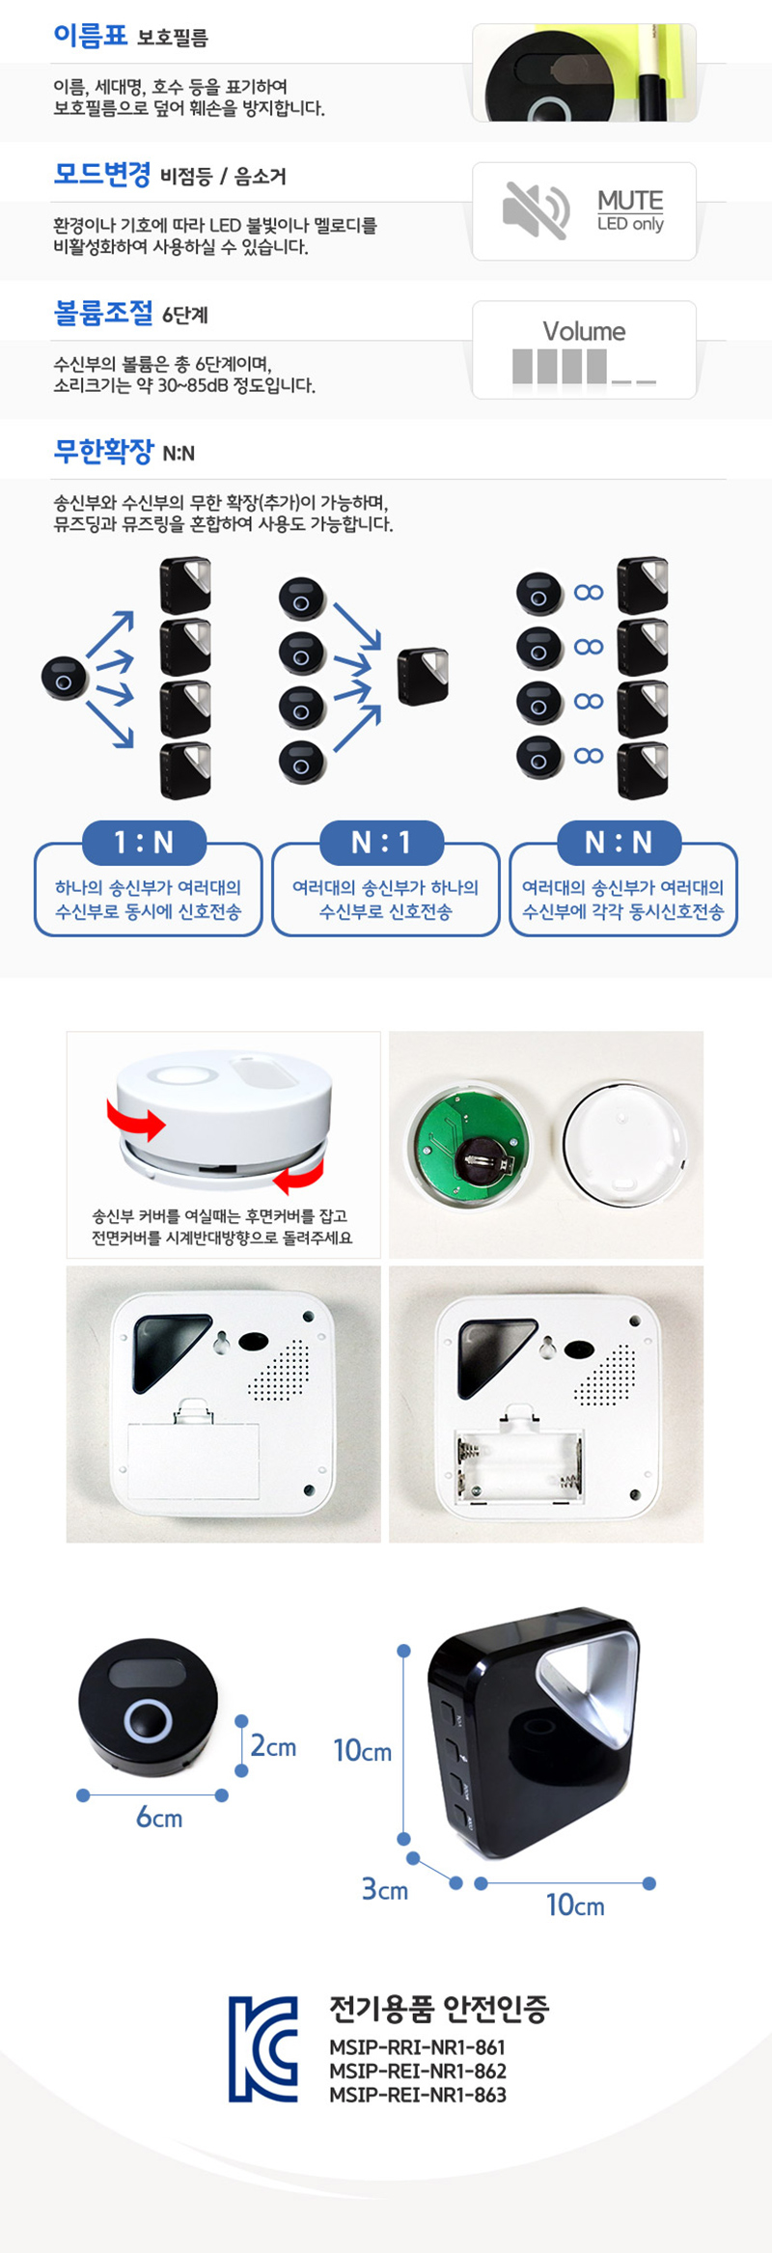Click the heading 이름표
pyautogui.click(x=90, y=36)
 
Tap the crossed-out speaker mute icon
pyautogui.click(x=536, y=210)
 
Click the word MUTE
pyautogui.click(x=630, y=201)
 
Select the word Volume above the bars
pyautogui.click(x=584, y=331)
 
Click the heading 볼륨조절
pyautogui.click(x=103, y=313)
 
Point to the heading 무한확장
pyautogui.click(x=103, y=451)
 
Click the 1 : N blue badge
pyautogui.click(x=145, y=843)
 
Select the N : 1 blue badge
pyautogui.click(x=382, y=843)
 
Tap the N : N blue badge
pyautogui.click(x=620, y=843)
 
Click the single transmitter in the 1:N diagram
pyautogui.click(x=64, y=678)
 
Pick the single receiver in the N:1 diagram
pyautogui.click(x=424, y=676)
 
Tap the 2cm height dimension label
pyautogui.click(x=273, y=1745)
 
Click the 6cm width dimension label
pyautogui.click(x=159, y=1818)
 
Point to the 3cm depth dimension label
pyautogui.click(x=385, y=1889)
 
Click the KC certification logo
pyautogui.click(x=263, y=2048)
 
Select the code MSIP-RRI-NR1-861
pyautogui.click(x=417, y=2046)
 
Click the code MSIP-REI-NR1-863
pyautogui.click(x=418, y=2094)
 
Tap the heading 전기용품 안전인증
pyautogui.click(x=439, y=2008)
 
